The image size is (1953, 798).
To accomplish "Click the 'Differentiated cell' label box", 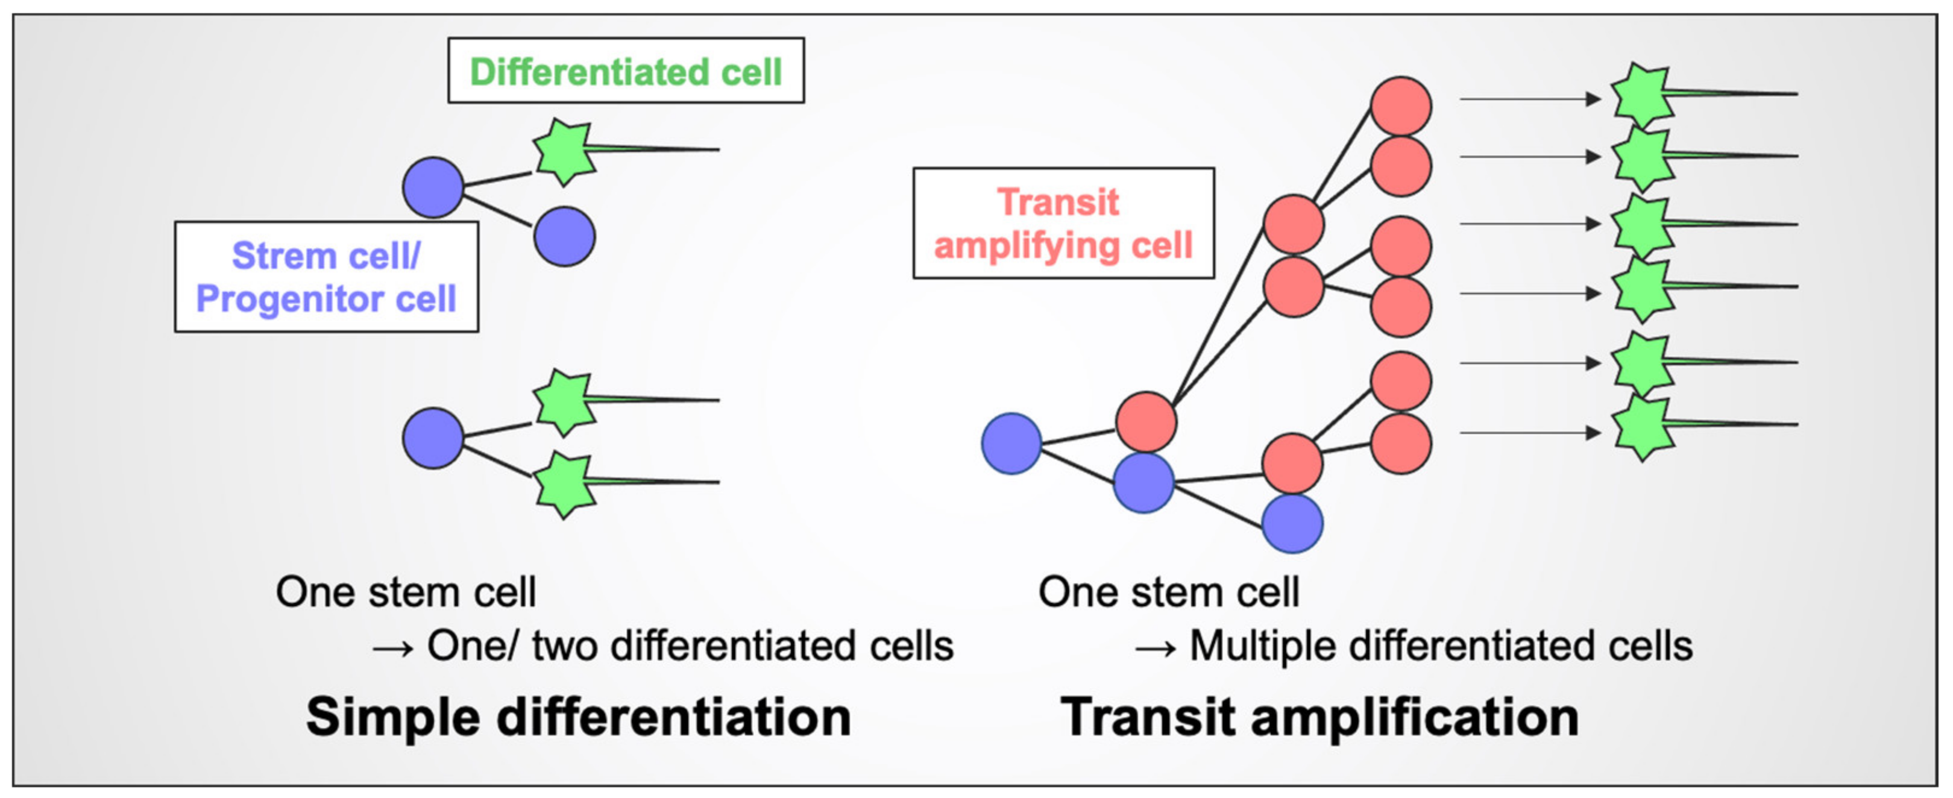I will [x=626, y=71].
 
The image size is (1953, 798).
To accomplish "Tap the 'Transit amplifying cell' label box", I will [x=1063, y=223].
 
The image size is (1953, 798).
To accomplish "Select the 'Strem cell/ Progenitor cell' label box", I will [x=326, y=277].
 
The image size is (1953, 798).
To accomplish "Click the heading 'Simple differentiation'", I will [x=579, y=716].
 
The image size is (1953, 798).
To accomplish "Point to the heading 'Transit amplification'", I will [x=1319, y=716].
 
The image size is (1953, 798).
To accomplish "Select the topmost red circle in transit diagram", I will [x=1400, y=106].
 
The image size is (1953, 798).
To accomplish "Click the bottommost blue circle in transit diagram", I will [x=1292, y=524].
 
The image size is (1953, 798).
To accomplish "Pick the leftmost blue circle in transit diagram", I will [x=1011, y=444].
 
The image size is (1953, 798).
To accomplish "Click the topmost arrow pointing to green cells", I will [x=1529, y=98].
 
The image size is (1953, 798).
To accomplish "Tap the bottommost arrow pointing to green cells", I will [x=1529, y=433].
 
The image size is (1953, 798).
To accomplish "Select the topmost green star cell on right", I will [x=1642, y=95].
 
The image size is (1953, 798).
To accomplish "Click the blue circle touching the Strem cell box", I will [x=433, y=187].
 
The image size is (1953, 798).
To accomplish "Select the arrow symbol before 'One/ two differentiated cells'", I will [x=393, y=648].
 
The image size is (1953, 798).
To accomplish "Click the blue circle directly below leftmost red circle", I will [x=1143, y=483].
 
